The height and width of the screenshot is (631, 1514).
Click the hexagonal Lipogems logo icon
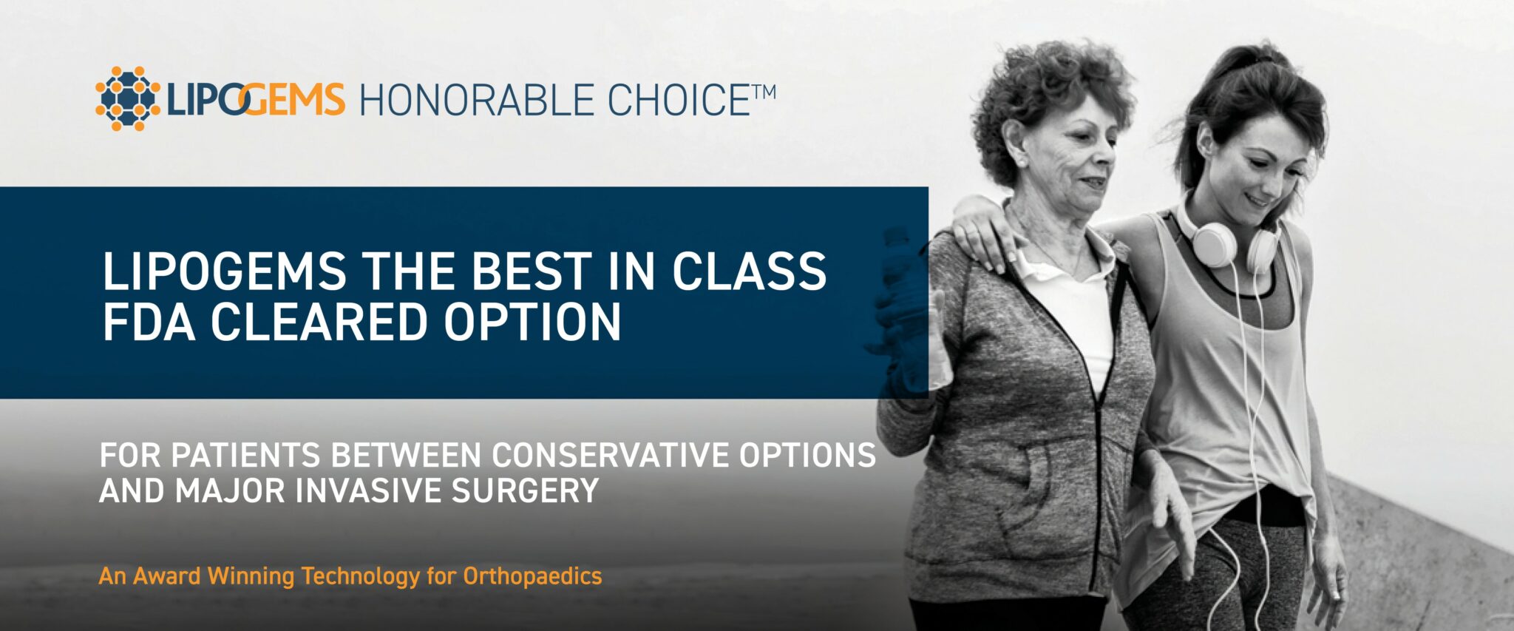[128, 98]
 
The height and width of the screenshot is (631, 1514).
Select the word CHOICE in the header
[680, 101]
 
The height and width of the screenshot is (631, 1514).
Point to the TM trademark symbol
[764, 92]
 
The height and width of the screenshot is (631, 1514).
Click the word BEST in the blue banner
[531, 271]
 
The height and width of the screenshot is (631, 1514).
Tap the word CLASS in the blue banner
[749, 271]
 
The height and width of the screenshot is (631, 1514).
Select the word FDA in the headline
[149, 322]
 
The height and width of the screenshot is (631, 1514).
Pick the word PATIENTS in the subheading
[245, 456]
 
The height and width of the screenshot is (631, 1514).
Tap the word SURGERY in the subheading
[525, 491]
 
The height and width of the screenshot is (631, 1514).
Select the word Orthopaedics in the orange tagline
[532, 576]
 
